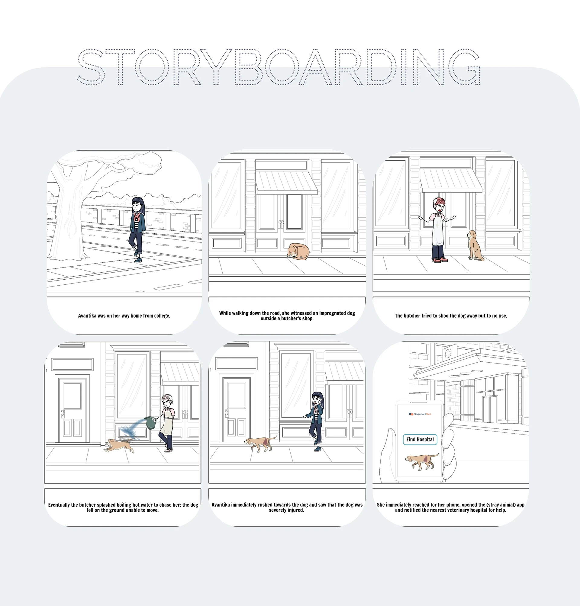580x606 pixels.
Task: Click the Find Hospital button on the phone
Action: click(420, 439)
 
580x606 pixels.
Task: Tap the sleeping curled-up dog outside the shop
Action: click(298, 251)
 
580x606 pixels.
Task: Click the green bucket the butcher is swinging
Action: click(150, 422)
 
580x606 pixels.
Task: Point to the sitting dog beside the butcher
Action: click(475, 245)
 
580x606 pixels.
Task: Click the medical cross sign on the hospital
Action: click(448, 353)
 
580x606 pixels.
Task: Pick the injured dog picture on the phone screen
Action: click(421, 462)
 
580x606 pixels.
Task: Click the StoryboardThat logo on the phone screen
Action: click(420, 414)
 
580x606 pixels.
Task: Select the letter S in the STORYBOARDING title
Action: click(91, 66)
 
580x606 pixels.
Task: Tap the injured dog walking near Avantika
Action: click(260, 444)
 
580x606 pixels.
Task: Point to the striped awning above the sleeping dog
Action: click(287, 182)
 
